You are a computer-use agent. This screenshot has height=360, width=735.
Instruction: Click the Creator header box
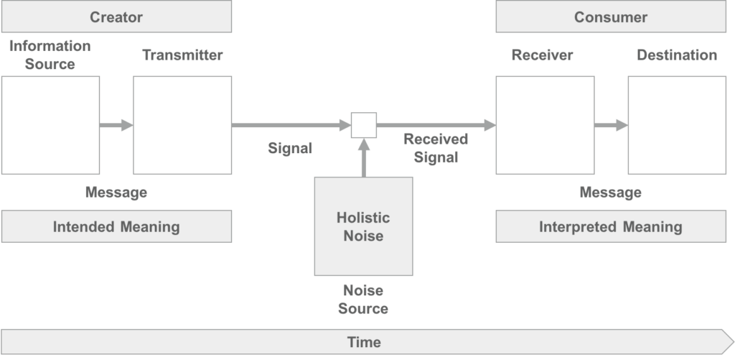(116, 17)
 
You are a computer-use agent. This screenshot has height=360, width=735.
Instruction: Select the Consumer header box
(610, 17)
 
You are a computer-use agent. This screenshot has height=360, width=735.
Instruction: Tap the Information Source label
(50, 55)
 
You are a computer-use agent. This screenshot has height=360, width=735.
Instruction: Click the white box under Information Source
(50, 125)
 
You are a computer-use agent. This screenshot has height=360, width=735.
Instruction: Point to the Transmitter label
(182, 55)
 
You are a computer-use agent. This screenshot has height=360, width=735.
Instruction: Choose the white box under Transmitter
(182, 125)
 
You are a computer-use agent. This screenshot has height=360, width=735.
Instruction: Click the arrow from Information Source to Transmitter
(116, 125)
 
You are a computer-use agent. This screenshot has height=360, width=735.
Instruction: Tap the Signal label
(290, 148)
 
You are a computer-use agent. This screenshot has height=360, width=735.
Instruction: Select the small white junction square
(363, 125)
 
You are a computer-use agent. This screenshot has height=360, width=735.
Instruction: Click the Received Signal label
(435, 147)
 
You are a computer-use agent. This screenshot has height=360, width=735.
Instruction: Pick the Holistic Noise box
(363, 226)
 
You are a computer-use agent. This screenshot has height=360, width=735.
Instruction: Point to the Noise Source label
(363, 300)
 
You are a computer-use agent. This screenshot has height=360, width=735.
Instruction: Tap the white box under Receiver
(545, 125)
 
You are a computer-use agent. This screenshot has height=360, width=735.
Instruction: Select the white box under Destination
(677, 125)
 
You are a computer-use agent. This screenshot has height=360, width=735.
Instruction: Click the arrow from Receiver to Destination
(611, 125)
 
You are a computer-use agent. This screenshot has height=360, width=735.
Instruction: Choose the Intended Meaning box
(116, 227)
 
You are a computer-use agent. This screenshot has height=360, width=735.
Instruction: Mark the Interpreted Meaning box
(610, 227)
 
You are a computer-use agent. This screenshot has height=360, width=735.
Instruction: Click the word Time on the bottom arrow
(364, 342)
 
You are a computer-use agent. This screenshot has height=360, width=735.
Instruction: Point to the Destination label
(676, 55)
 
